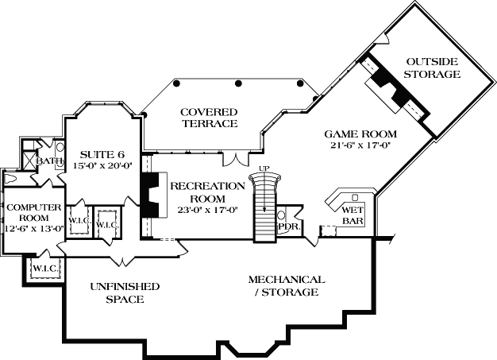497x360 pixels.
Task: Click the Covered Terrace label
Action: [x=209, y=118]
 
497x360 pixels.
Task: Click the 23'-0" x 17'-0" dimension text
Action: [x=207, y=211]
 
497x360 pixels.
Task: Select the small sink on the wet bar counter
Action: [x=355, y=195]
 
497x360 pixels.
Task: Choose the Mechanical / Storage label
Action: [x=286, y=286]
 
